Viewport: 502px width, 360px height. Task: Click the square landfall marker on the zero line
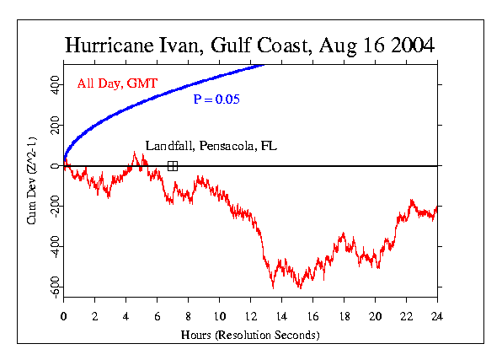click(x=173, y=166)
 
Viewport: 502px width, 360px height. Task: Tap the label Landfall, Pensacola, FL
click(x=211, y=146)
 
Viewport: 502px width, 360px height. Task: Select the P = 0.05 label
click(x=217, y=99)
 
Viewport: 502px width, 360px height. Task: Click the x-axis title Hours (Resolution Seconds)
click(x=250, y=336)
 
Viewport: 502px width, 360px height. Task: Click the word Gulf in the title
click(x=242, y=45)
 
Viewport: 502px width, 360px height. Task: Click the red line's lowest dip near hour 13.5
click(x=273, y=287)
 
